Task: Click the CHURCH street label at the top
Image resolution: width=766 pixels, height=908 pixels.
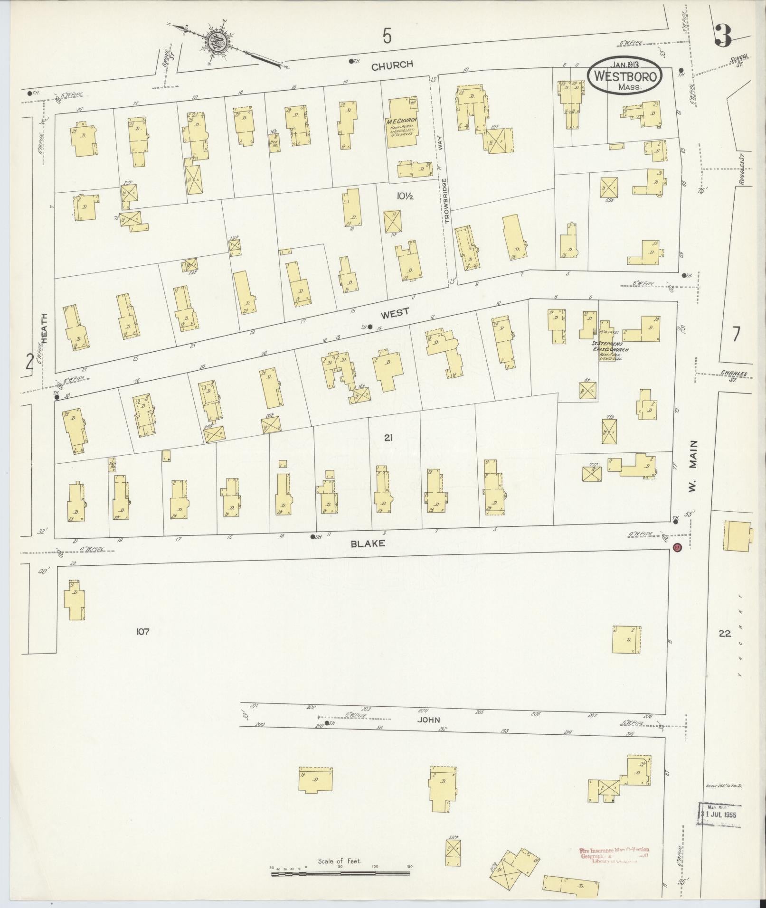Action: pos(392,65)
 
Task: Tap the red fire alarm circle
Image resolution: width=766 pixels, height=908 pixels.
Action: pos(677,547)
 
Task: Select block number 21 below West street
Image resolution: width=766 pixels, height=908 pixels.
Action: pos(388,438)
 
